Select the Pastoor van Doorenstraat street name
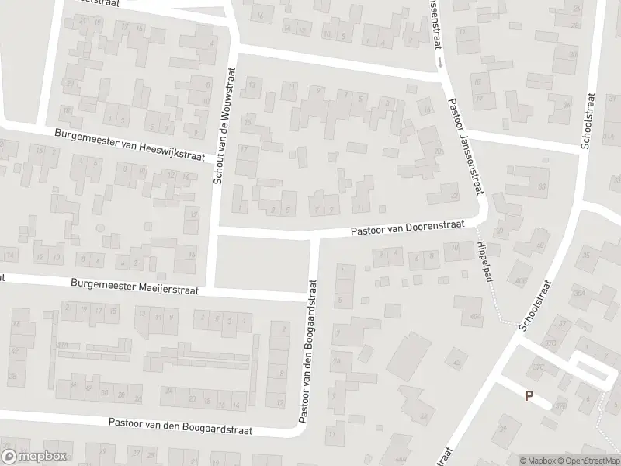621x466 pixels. (x=407, y=226)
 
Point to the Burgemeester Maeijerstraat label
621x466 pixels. (x=134, y=287)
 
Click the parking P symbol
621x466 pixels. (x=529, y=395)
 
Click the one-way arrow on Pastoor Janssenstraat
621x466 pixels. (x=440, y=61)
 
